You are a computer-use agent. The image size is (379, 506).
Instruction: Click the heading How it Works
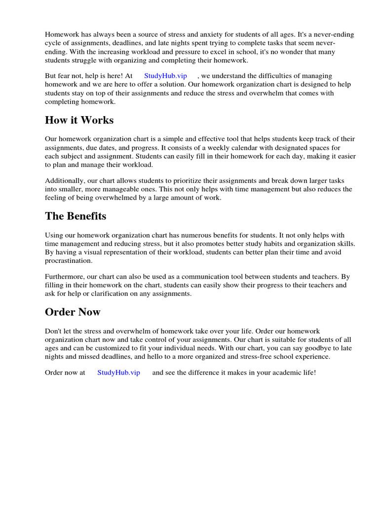79,120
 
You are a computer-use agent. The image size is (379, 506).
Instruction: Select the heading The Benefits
76,216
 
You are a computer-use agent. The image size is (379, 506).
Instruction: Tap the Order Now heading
73,312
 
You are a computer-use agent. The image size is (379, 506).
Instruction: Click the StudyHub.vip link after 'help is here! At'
165,76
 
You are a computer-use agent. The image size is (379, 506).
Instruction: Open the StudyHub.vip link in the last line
118,372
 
